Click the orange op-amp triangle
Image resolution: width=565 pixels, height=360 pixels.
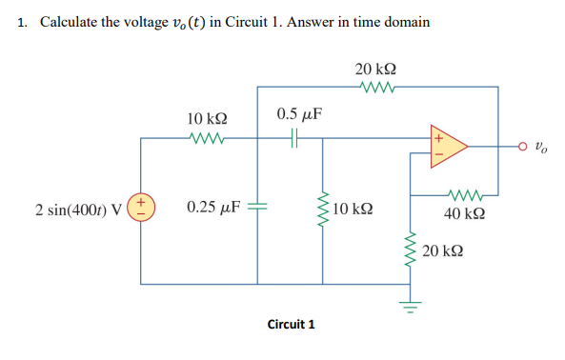(448, 147)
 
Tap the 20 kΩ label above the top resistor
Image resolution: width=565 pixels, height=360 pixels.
(375, 69)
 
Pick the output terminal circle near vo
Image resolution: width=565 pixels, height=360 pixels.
(522, 148)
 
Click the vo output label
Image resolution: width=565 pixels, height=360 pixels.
(540, 148)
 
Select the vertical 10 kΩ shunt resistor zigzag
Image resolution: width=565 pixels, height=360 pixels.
(321, 208)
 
